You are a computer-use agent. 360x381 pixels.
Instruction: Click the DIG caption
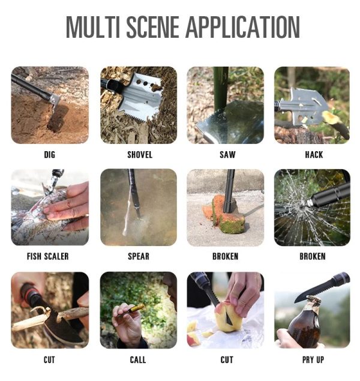(49, 155)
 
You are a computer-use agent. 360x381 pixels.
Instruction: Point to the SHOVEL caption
(139, 155)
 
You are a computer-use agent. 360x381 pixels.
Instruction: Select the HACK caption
(314, 155)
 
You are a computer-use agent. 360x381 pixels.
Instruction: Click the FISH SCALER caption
(48, 257)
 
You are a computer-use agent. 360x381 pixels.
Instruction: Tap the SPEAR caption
(139, 257)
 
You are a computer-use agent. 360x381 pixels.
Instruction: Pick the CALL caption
(138, 360)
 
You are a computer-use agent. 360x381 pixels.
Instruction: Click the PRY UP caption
(313, 360)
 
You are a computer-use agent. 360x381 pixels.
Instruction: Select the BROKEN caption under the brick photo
(225, 257)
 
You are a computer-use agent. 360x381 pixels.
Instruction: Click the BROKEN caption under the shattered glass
(313, 257)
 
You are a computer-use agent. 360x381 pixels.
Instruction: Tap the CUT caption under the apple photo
(226, 360)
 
